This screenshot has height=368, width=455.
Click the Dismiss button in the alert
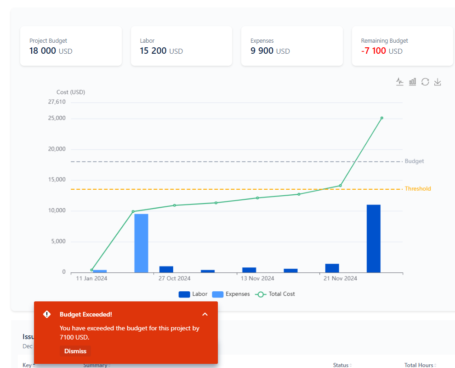pos(75,351)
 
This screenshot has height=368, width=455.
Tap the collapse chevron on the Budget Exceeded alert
pos(205,314)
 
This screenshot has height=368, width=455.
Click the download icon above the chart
pos(438,82)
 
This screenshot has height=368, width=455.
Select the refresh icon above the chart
pos(425,82)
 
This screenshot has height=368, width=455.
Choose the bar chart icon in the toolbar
pos(413,82)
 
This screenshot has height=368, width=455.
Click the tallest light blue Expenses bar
pos(141,243)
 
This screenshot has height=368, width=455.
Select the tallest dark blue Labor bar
pos(373,238)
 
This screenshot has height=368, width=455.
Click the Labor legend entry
pos(193,294)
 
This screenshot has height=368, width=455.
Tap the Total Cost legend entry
pos(276,294)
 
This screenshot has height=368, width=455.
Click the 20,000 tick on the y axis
pos(57,149)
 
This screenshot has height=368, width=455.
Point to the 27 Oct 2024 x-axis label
pos(174,278)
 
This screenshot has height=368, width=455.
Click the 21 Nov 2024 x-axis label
pos(340,278)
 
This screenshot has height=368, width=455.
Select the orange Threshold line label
pos(418,189)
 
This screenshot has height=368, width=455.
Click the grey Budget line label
pos(414,161)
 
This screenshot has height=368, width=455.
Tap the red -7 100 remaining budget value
pos(374,51)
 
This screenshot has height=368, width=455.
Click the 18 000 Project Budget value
pos(43,51)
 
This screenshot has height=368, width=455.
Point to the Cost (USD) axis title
pos(71,92)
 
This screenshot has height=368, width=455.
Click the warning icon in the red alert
pos(47,314)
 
